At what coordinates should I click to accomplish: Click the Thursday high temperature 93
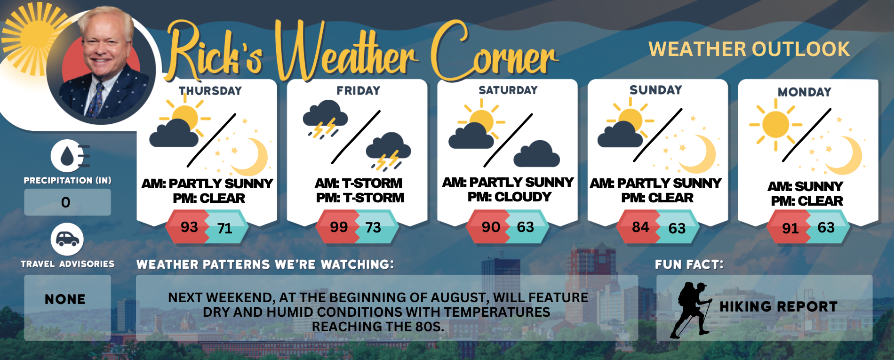[x=189, y=227]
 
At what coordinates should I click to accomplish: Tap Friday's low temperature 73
[x=373, y=228]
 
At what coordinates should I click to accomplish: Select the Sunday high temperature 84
[x=640, y=227]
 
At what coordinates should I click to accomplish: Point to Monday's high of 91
[x=790, y=228]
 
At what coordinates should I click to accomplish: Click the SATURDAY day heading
[x=508, y=90]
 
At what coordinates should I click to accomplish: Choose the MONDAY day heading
[x=805, y=92]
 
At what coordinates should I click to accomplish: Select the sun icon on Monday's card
[x=775, y=125]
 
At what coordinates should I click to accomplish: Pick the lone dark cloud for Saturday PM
[x=536, y=154]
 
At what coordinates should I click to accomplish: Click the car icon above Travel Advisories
[x=67, y=240]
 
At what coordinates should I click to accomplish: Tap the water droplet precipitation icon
[x=69, y=156]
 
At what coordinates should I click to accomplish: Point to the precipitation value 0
[x=66, y=202]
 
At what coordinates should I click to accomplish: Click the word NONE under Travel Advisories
[x=65, y=299]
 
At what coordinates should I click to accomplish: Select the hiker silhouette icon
[x=691, y=310]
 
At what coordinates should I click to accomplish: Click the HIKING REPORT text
[x=779, y=307]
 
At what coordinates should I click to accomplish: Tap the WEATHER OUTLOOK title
[x=749, y=49]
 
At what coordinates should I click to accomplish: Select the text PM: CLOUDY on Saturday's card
[x=510, y=197]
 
